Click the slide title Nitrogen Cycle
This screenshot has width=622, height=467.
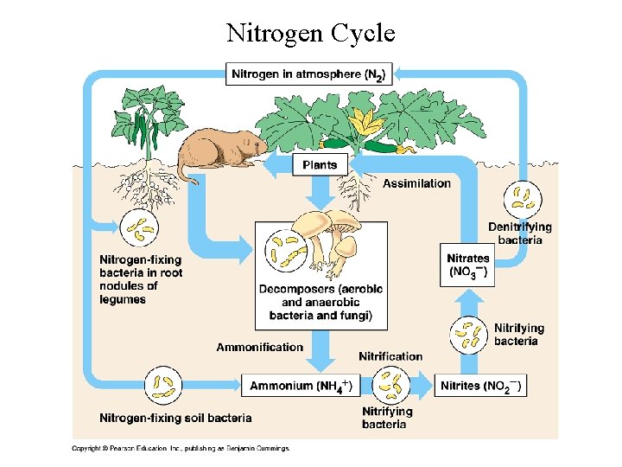click(310, 33)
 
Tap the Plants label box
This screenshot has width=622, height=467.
click(320, 164)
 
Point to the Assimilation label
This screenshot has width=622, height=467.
click(416, 183)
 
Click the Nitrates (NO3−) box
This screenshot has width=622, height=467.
click(467, 265)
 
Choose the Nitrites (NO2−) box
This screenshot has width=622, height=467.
click(481, 386)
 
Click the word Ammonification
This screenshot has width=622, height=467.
click(259, 348)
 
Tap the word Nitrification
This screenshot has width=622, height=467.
click(390, 356)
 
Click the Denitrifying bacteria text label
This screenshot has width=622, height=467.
click(519, 233)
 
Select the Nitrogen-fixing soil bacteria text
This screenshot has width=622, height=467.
click(175, 418)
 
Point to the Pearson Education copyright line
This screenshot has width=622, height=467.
click(181, 448)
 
